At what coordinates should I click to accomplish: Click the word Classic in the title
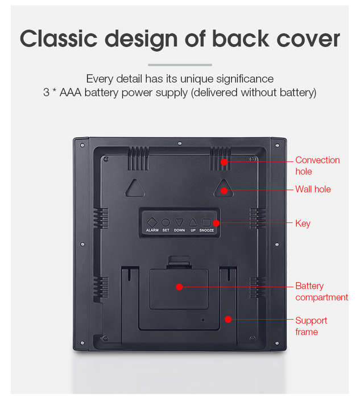coord(59,39)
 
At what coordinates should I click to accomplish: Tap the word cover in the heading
coord(308,39)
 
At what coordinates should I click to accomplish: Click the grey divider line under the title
coord(180,65)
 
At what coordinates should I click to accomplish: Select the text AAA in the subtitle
coord(71,92)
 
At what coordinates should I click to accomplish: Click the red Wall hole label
coord(313,189)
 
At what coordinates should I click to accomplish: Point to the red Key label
coord(303,223)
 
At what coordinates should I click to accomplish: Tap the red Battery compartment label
coord(321,292)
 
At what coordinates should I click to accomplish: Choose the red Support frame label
coord(311,326)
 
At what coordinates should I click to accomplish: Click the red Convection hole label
coord(317,166)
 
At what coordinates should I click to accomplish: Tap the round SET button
coord(165,223)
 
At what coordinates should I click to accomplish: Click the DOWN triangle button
coord(179,222)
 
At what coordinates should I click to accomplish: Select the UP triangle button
coord(193,223)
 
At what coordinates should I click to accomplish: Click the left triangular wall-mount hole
coord(135,188)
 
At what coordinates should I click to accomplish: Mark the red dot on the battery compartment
coord(180,287)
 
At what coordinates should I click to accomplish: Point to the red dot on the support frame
coord(228,320)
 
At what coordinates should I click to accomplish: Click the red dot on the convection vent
coord(224,161)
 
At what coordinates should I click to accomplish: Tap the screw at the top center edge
coord(180,143)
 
